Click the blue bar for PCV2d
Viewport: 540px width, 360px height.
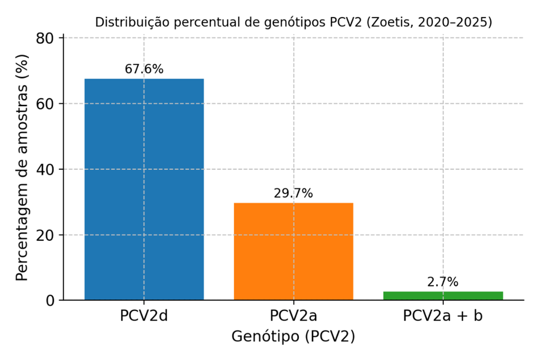[144, 189]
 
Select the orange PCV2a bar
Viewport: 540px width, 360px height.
[294, 251]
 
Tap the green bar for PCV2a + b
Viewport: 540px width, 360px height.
[443, 296]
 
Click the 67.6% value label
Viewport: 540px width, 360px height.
[144, 69]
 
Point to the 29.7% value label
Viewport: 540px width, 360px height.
[294, 194]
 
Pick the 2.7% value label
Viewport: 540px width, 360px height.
[443, 282]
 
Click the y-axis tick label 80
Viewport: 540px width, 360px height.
[48, 38]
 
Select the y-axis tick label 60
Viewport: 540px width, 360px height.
[48, 104]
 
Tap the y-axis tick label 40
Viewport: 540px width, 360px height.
[48, 169]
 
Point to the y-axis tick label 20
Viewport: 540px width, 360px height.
[48, 235]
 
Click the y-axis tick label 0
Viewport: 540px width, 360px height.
[52, 300]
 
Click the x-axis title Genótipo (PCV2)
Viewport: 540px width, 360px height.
[293, 337]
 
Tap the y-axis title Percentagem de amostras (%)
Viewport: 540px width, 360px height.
[22, 169]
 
